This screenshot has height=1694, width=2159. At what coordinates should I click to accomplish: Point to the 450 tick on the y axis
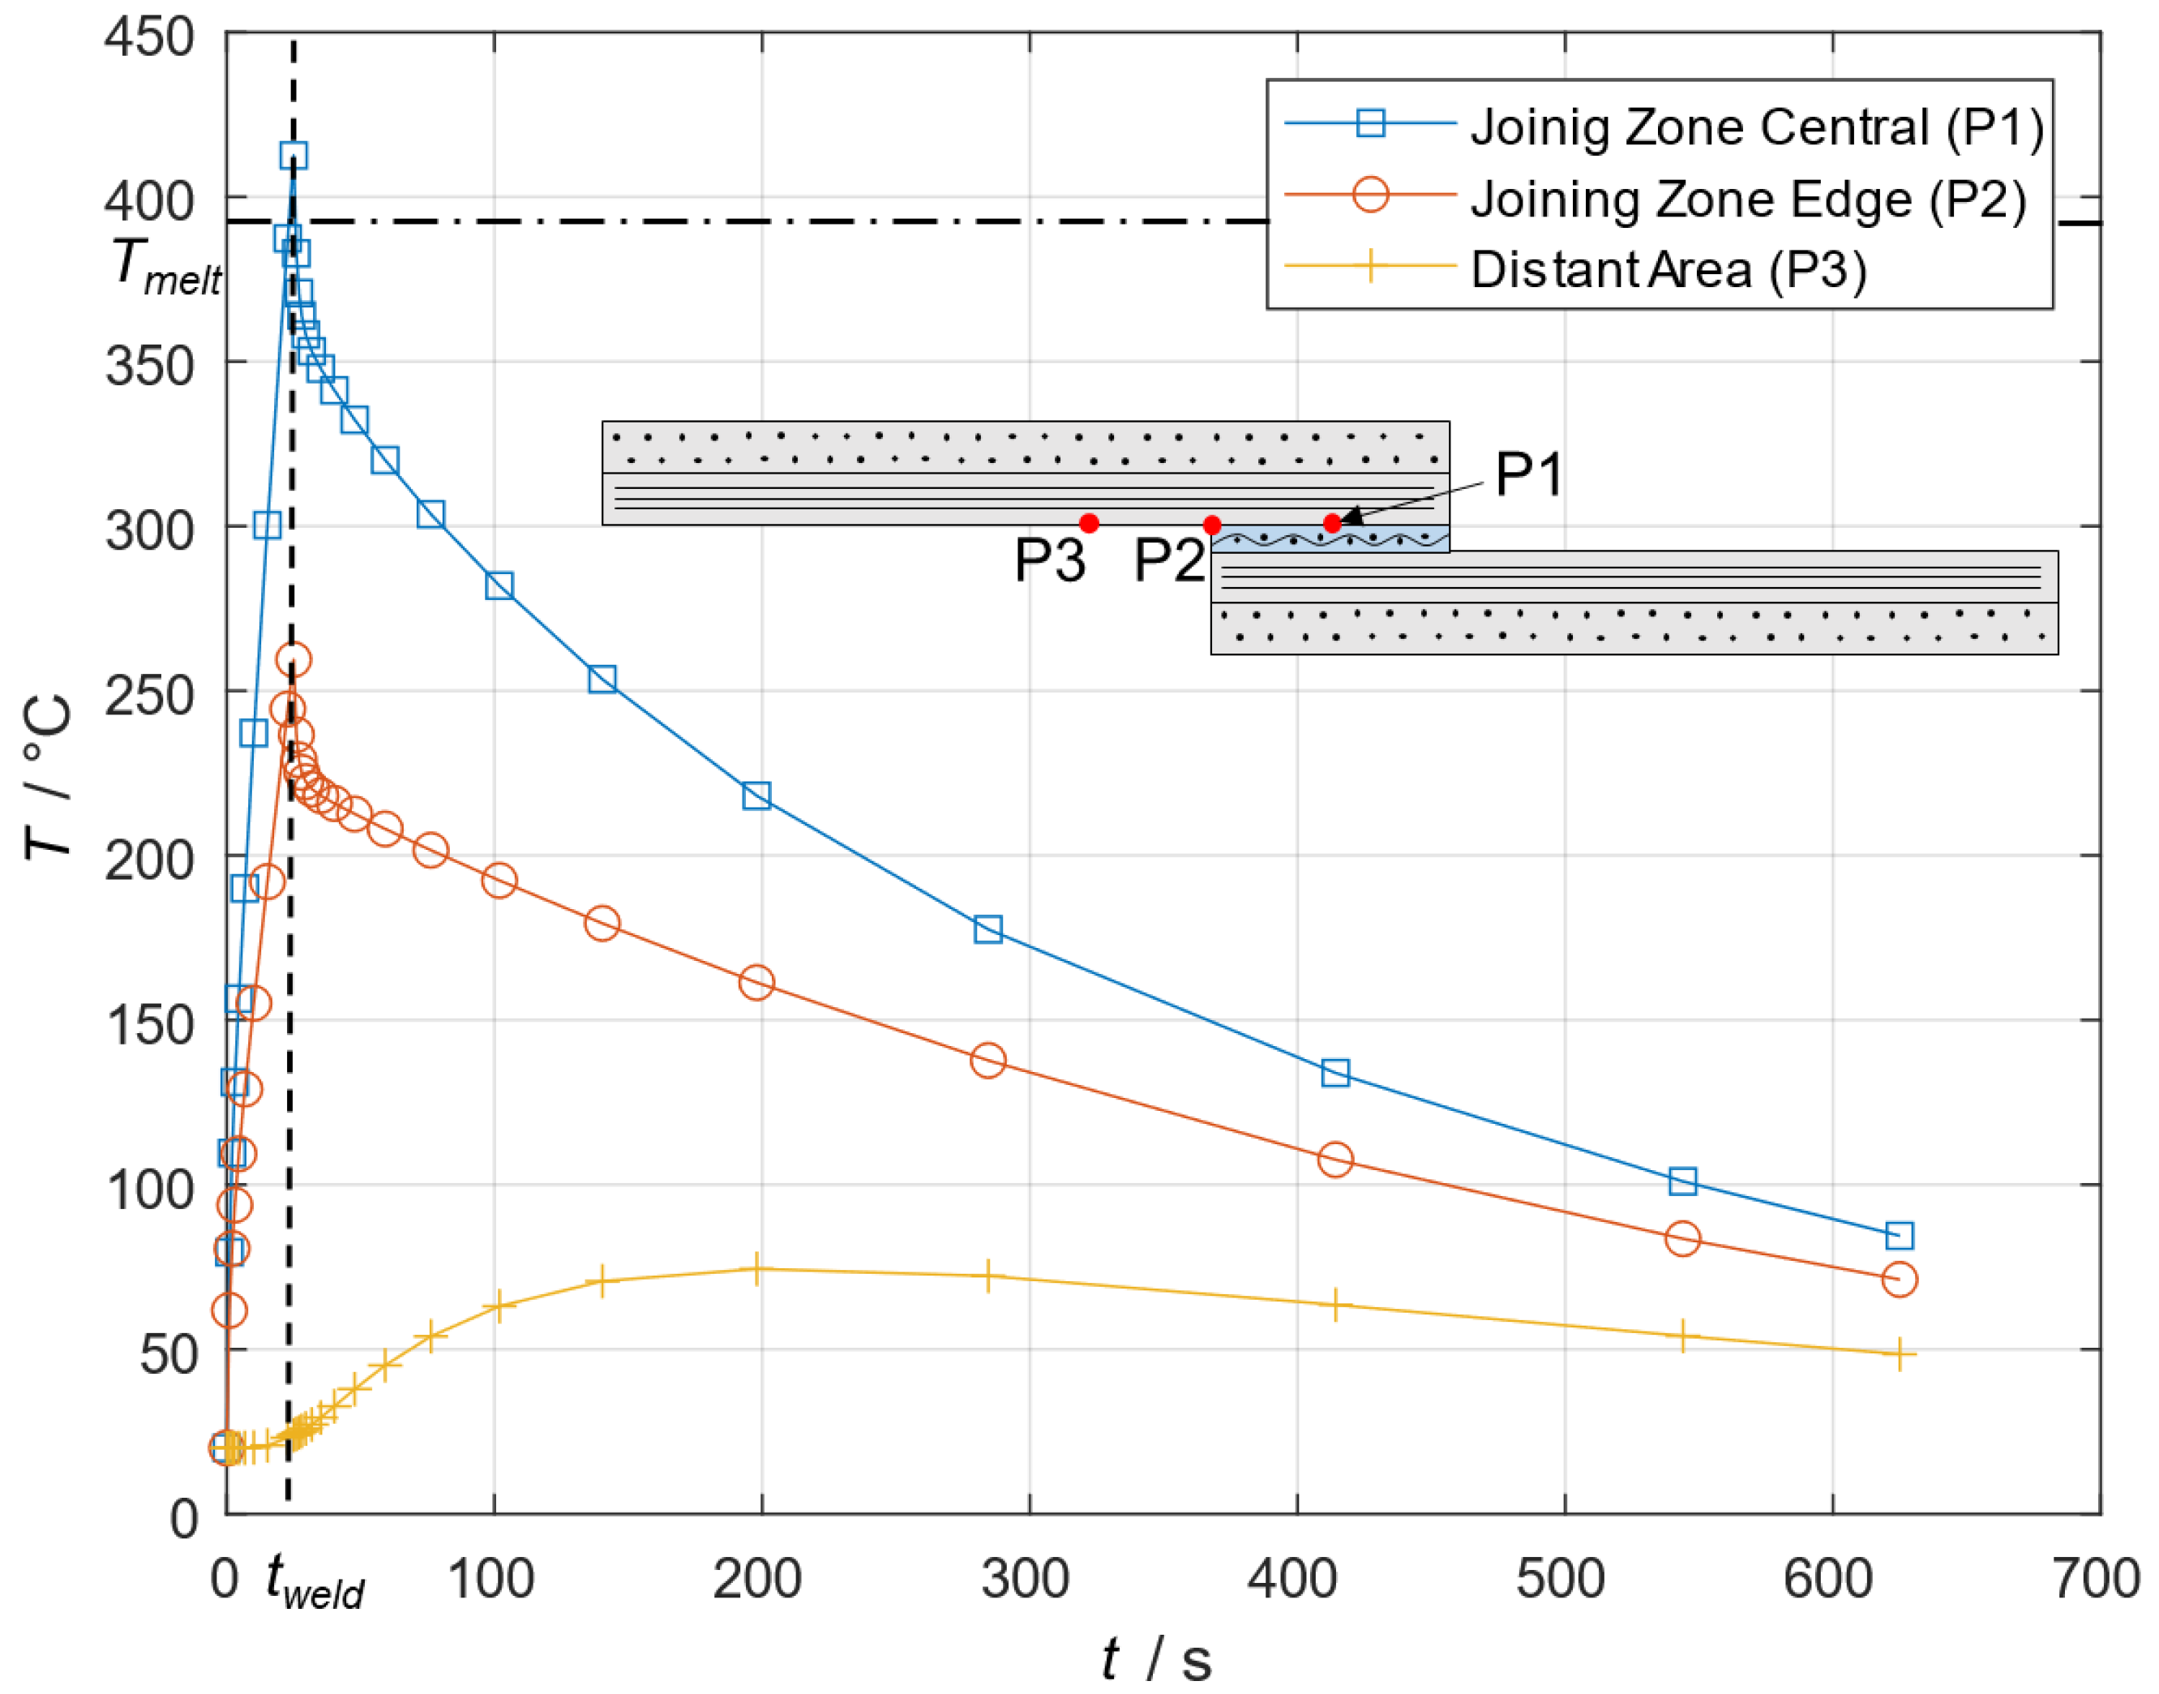click(x=148, y=37)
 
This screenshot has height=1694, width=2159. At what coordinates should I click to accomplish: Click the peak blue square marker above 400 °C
click(x=293, y=156)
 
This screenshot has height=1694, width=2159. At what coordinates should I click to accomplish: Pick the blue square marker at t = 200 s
click(x=756, y=796)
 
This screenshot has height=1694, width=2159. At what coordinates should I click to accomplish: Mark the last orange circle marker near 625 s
click(x=1898, y=1280)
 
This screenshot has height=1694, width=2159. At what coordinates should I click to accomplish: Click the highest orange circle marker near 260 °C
click(x=293, y=659)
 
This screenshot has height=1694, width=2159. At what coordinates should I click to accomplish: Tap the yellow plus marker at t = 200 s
click(x=756, y=1268)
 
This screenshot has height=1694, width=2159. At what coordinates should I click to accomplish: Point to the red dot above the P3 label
click(x=1089, y=523)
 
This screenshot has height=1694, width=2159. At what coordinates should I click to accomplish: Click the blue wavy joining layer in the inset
click(x=1329, y=538)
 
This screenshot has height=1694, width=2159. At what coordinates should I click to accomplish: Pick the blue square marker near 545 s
click(x=1683, y=1180)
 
